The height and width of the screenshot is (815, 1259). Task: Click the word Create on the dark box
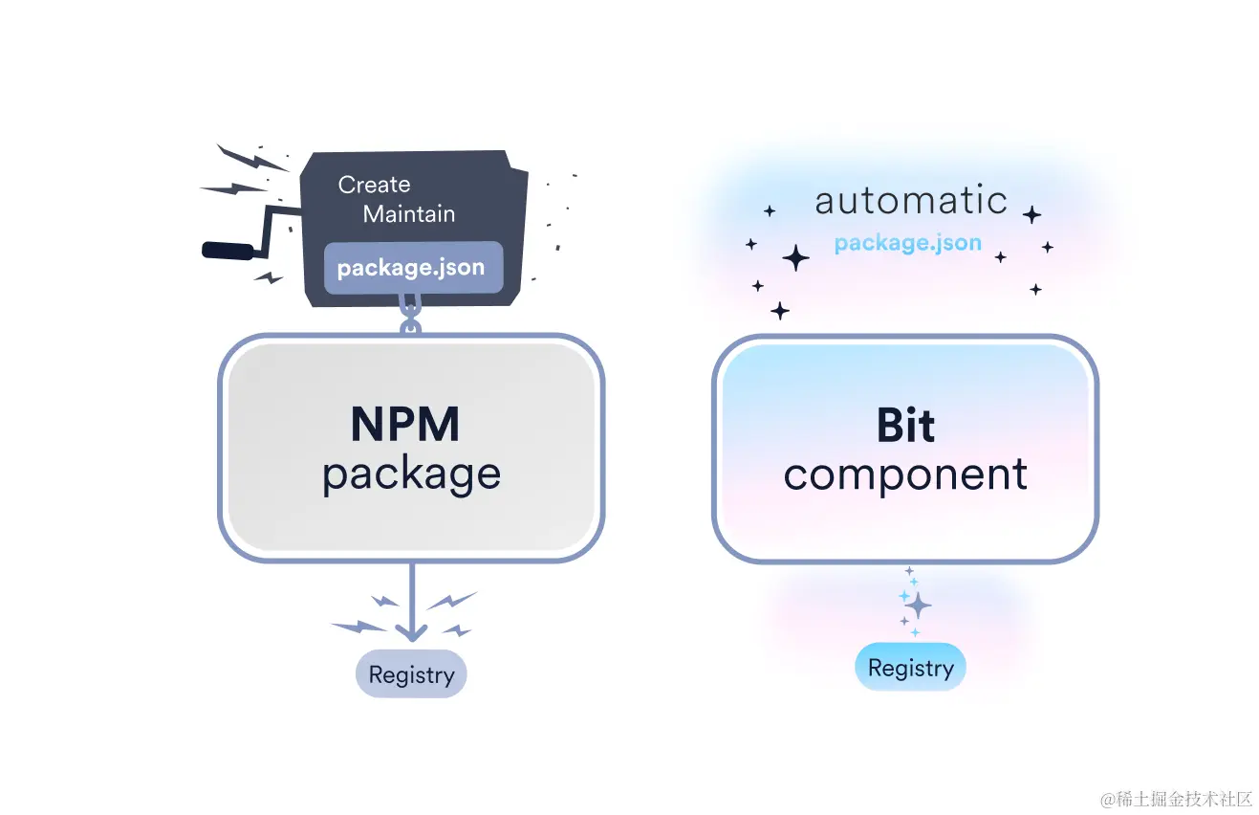pos(375,185)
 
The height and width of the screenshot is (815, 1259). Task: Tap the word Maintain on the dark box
pos(408,213)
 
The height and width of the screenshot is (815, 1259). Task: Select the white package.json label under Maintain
pos(411,268)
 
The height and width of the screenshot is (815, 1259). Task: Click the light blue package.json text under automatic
pos(908,243)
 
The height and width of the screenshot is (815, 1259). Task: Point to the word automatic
pos(911,200)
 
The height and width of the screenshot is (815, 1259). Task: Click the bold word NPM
pos(405,424)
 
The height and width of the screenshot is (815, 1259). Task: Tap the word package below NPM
pos(411,475)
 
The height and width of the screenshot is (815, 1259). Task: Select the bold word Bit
pos(905,425)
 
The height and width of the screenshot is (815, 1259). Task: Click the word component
pos(905,474)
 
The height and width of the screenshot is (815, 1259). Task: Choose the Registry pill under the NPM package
pos(411,673)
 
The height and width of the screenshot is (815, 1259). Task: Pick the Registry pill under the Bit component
pos(910,667)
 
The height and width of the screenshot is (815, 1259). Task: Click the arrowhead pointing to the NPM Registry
pos(412,632)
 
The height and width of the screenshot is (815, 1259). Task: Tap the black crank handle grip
pos(228,251)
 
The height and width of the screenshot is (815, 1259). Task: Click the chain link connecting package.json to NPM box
pos(410,316)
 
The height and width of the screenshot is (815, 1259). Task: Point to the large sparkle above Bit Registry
pos(919,606)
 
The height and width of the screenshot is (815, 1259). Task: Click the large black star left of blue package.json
pos(796,258)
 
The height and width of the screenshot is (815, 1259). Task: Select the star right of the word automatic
pos(1031,214)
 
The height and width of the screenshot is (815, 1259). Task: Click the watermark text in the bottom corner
pos(1177,800)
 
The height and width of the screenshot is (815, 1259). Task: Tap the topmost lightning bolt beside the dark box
pos(252,159)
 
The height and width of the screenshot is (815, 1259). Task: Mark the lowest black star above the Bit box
pos(779,311)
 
